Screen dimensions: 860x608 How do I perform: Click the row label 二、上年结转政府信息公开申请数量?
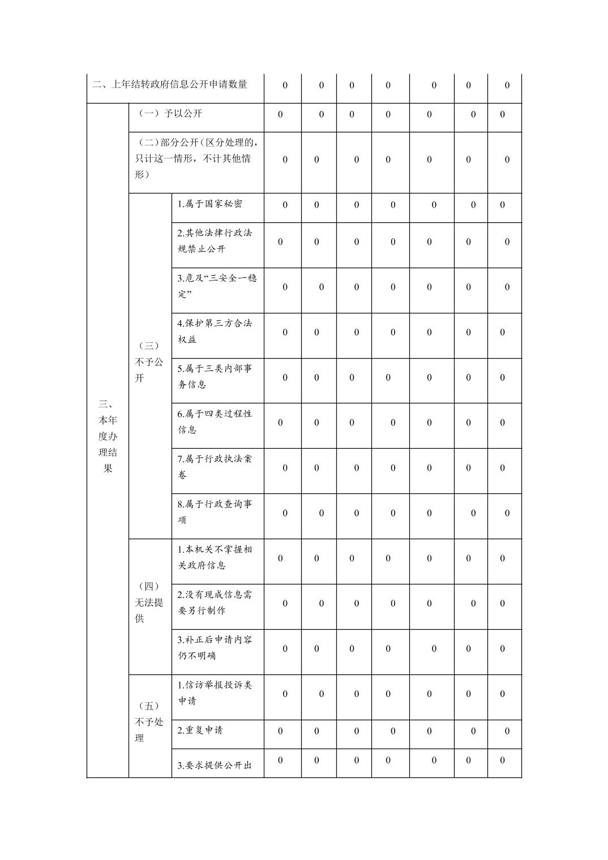click(x=170, y=85)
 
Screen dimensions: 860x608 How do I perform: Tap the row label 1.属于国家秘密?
click(x=210, y=204)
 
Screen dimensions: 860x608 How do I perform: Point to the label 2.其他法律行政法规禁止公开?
click(x=215, y=241)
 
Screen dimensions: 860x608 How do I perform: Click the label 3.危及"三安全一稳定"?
click(x=217, y=286)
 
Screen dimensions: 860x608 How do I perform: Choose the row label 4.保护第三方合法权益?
click(x=215, y=332)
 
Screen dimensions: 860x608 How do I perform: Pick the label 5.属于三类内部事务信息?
click(x=215, y=377)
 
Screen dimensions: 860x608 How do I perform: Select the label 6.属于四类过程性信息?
click(x=215, y=422)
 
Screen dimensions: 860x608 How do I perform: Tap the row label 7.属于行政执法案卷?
click(x=215, y=467)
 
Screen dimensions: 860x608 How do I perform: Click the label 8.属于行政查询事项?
click(x=215, y=512)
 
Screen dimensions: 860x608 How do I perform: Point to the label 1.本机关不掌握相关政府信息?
click(x=215, y=557)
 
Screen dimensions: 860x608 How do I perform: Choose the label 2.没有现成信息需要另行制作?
click(x=215, y=603)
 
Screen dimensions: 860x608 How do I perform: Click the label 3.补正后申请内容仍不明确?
click(x=215, y=648)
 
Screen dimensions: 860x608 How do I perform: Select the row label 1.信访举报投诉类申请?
click(x=215, y=693)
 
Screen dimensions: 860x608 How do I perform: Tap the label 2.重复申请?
click(x=200, y=730)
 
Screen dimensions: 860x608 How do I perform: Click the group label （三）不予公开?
click(x=149, y=362)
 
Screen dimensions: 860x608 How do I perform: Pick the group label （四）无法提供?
click(x=149, y=603)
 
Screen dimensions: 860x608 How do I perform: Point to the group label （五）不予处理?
click(x=149, y=723)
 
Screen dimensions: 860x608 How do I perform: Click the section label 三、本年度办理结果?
click(x=108, y=436)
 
